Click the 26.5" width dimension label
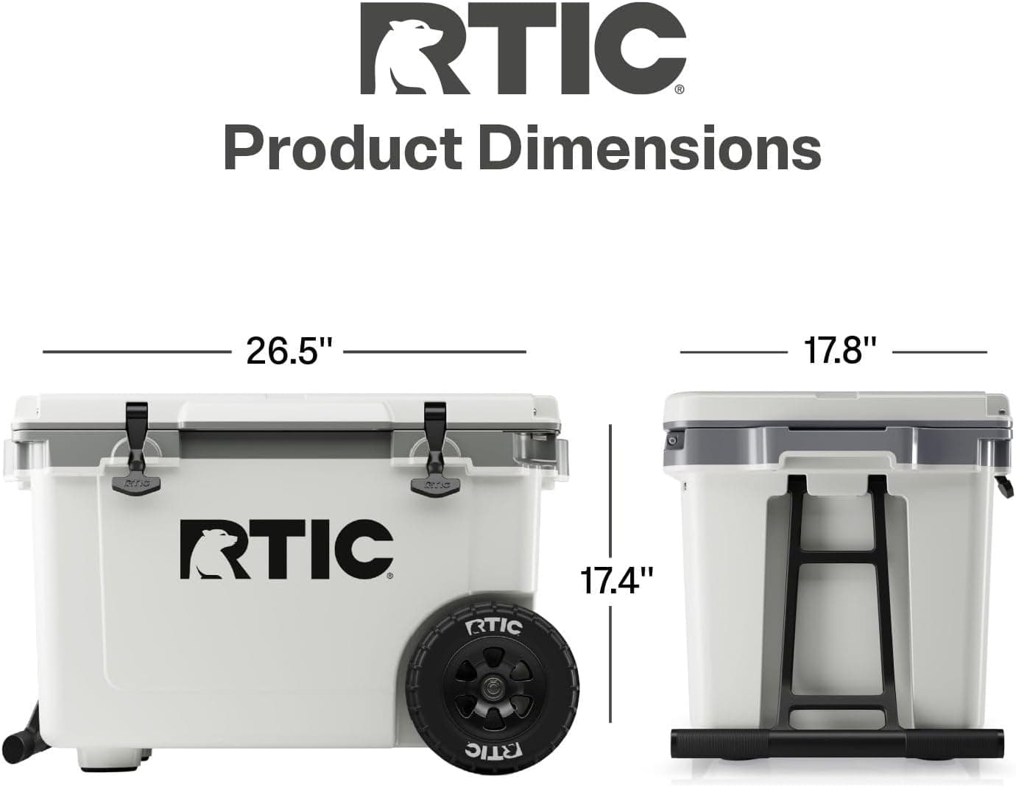coord(289,351)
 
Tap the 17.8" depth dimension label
coord(840,351)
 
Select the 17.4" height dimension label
coord(615,580)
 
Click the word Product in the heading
coord(343,148)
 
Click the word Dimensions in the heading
coord(649,148)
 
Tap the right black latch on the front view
coord(434,448)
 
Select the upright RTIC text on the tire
coord(493,628)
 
